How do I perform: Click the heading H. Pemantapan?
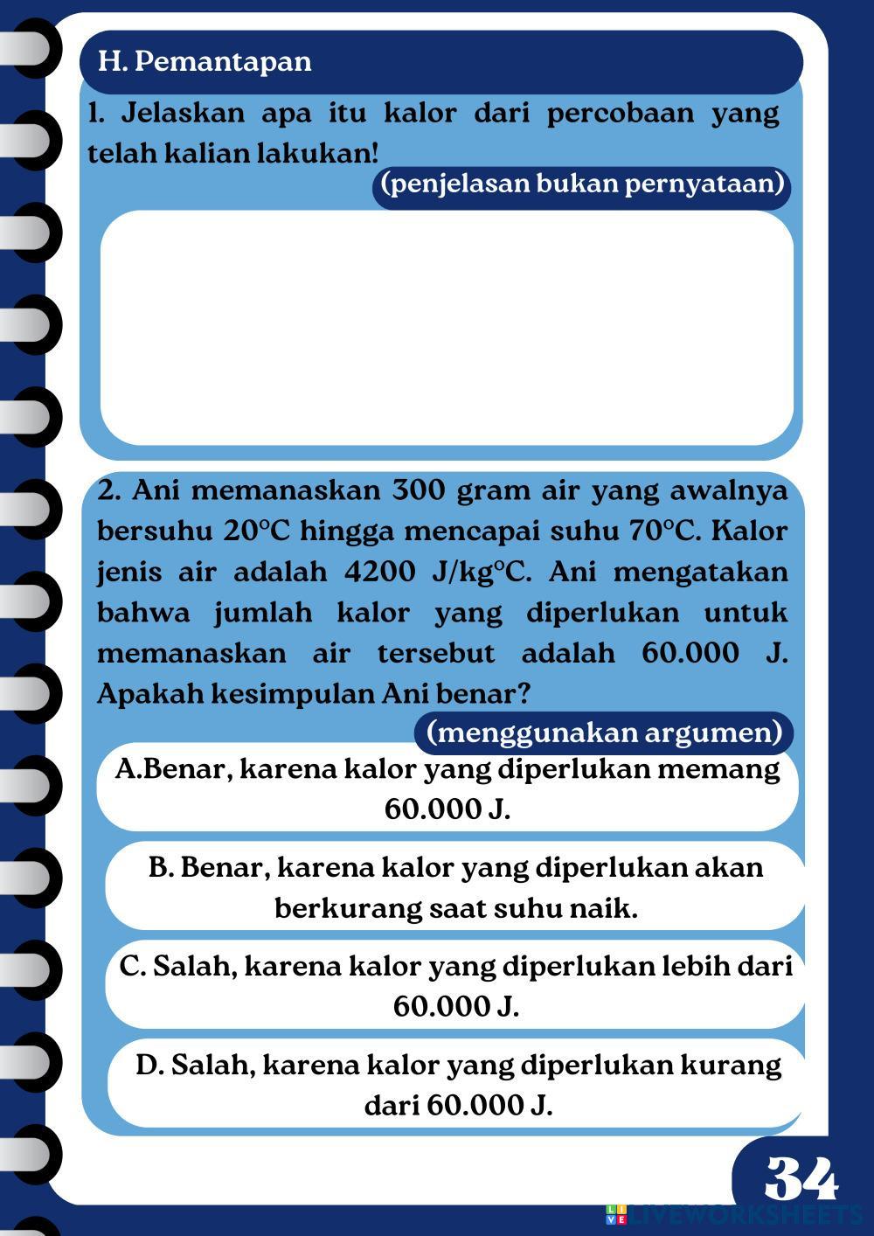tap(205, 61)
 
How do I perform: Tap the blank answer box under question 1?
tap(447, 328)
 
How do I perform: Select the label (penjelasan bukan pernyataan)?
tap(582, 184)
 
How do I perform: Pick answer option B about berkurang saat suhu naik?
tap(455, 887)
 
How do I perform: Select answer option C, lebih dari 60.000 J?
tap(455, 986)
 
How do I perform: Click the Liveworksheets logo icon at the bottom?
tap(616, 1214)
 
